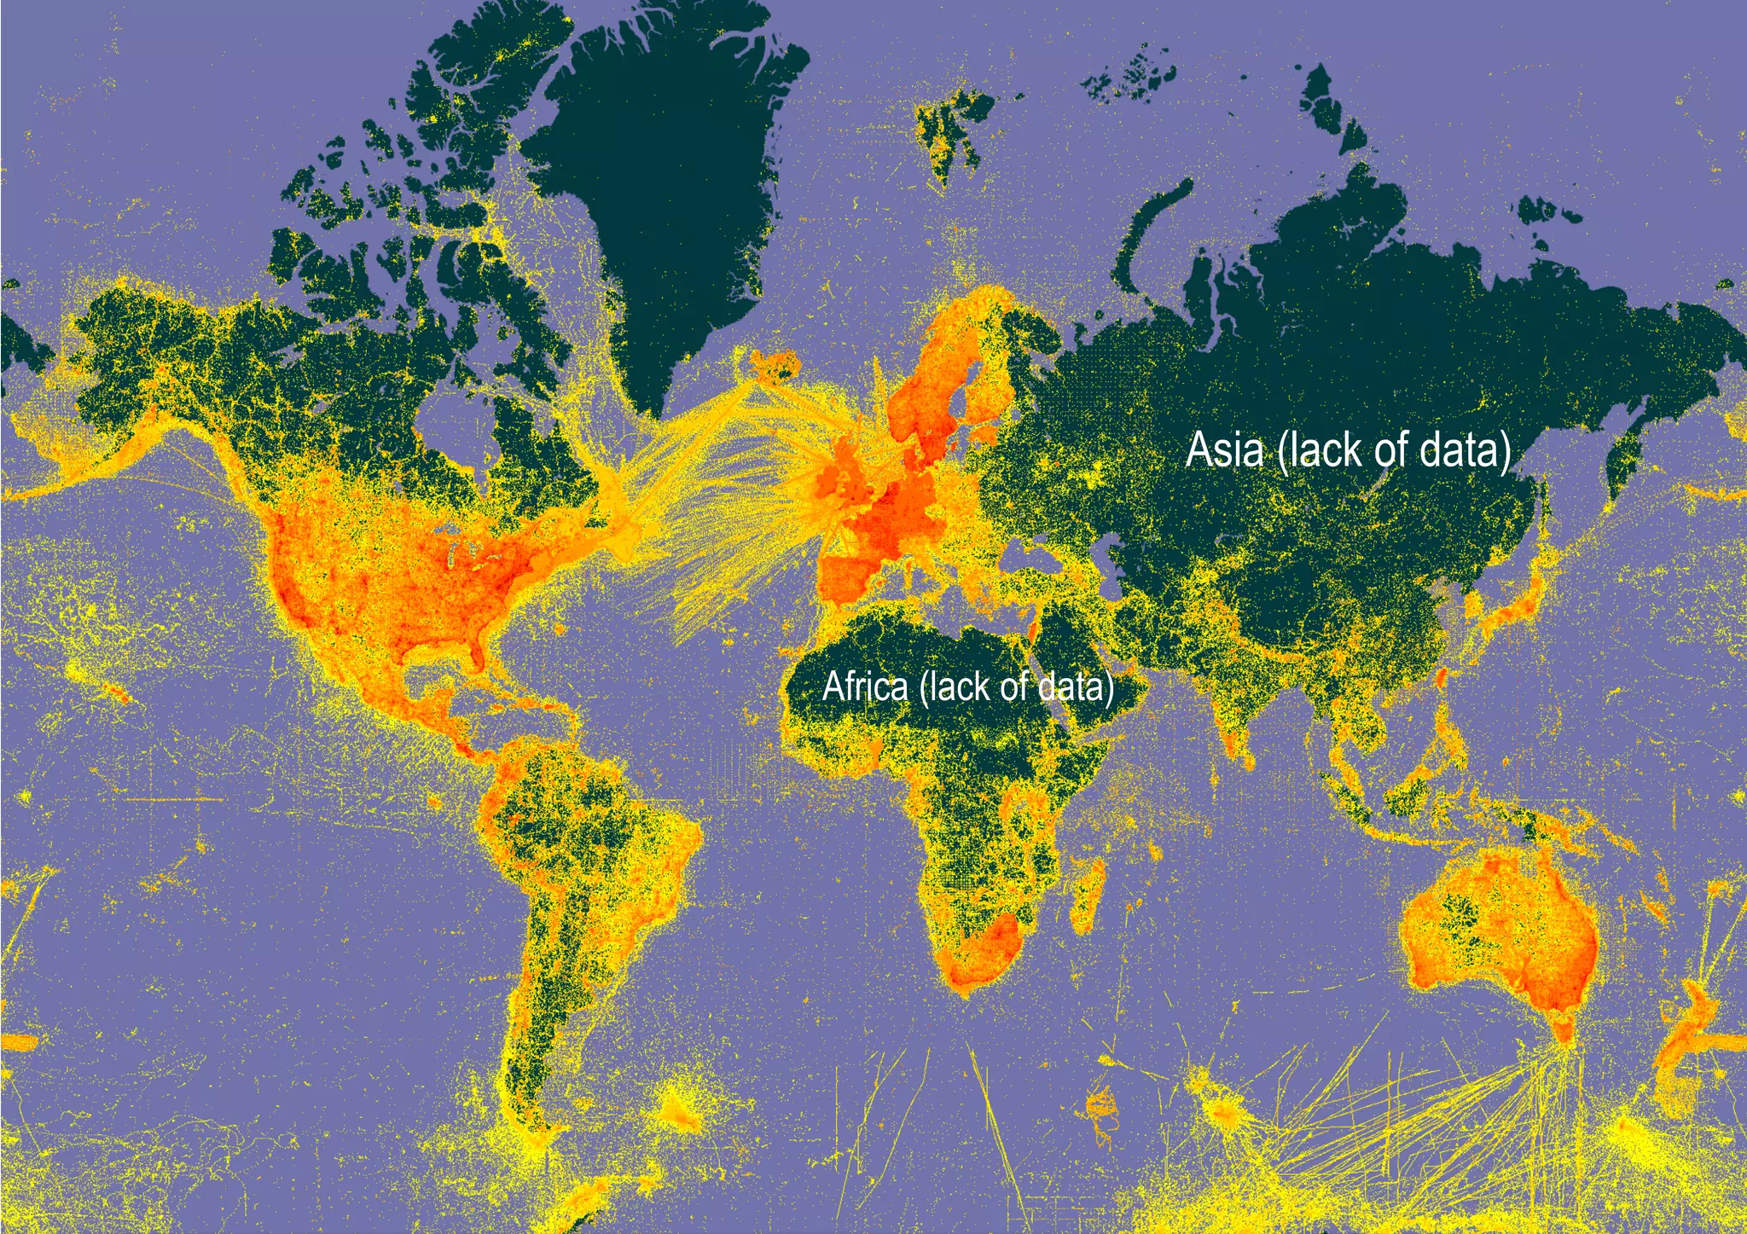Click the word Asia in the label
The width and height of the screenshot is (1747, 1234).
(x=1224, y=449)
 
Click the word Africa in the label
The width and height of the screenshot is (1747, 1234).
(x=865, y=686)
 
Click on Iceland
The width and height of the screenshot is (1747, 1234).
(x=775, y=365)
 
